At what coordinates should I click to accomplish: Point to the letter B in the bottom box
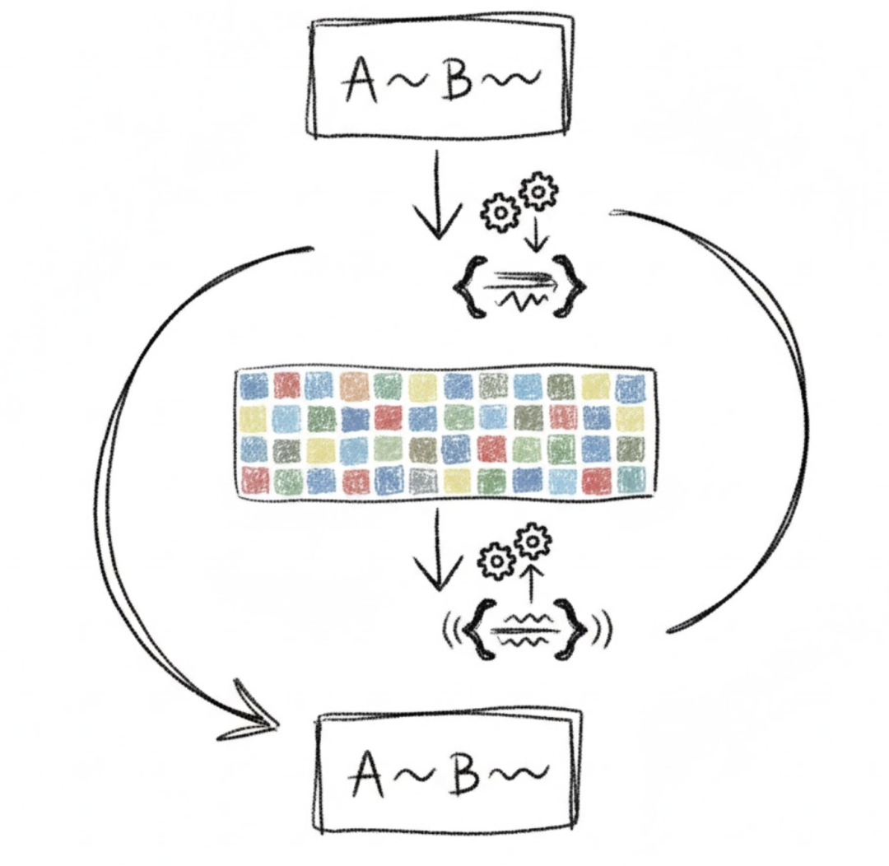tap(466, 774)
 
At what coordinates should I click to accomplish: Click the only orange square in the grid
tap(355, 385)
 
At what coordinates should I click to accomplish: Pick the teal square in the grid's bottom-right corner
tap(631, 480)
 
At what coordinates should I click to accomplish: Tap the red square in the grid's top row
tap(286, 385)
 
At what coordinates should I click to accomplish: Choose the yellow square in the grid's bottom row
tap(457, 481)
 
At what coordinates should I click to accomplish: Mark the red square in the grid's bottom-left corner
tap(254, 480)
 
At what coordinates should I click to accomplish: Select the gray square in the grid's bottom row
tap(422, 481)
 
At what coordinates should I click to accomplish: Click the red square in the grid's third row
tap(491, 449)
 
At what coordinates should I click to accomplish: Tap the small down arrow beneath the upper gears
tap(537, 235)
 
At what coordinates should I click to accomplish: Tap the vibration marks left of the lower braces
tap(449, 631)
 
